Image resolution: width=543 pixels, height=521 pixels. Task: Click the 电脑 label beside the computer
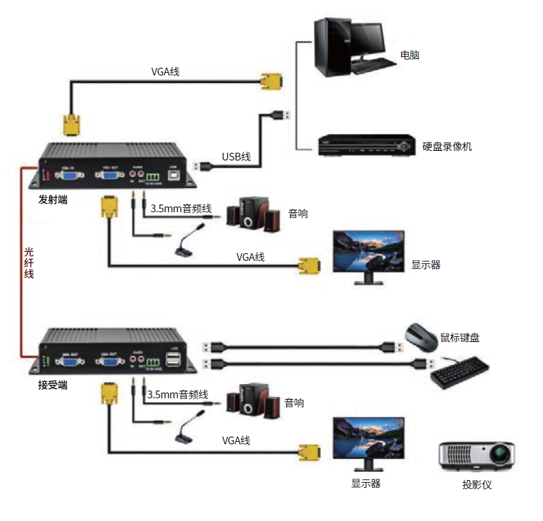[409, 56]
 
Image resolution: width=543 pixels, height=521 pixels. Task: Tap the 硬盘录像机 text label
[447, 146]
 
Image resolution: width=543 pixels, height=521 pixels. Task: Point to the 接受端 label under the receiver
[53, 385]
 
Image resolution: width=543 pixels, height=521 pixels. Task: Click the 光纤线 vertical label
[29, 262]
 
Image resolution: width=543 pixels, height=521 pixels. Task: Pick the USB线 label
[236, 157]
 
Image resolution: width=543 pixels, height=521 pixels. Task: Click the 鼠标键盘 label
[460, 338]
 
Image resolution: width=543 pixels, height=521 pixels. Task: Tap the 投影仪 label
[477, 484]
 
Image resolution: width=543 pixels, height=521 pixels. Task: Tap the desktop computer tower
[331, 48]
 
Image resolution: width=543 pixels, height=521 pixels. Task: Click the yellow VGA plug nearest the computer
[271, 82]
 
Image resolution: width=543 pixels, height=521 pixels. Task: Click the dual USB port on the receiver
[172, 360]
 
